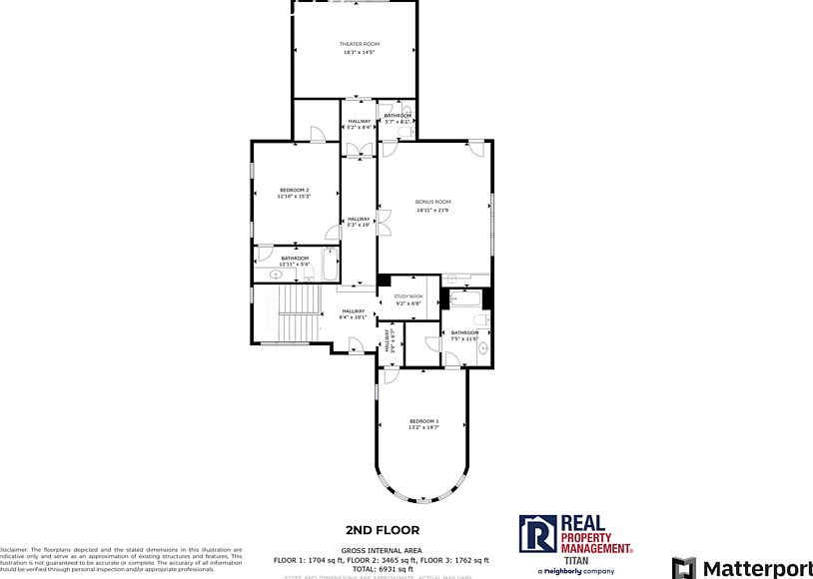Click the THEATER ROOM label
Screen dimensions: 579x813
click(360, 44)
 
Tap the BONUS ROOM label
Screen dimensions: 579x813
click(433, 202)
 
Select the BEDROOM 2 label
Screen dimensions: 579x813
click(294, 190)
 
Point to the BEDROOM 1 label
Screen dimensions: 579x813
click(423, 422)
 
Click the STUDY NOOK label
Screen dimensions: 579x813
click(408, 296)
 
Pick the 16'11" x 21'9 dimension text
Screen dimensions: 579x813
click(433, 211)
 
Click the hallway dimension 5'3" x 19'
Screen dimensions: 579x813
click(359, 226)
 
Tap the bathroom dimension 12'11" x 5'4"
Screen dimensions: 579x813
click(295, 265)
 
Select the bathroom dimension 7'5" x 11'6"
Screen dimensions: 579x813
click(464, 339)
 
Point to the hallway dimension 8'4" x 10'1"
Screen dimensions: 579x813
click(354, 318)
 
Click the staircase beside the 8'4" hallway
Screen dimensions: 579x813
click(297, 311)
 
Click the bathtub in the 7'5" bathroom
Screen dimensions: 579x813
click(465, 297)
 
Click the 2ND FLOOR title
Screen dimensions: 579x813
click(383, 530)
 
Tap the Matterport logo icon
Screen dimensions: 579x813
click(684, 568)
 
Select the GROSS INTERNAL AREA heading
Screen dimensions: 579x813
click(383, 550)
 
